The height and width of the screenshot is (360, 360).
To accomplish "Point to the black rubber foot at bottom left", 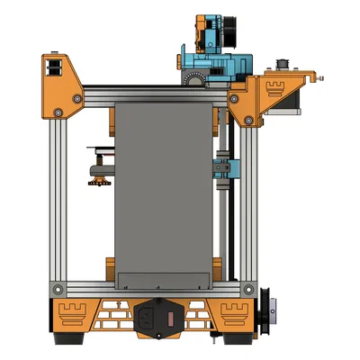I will (x=67, y=342).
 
